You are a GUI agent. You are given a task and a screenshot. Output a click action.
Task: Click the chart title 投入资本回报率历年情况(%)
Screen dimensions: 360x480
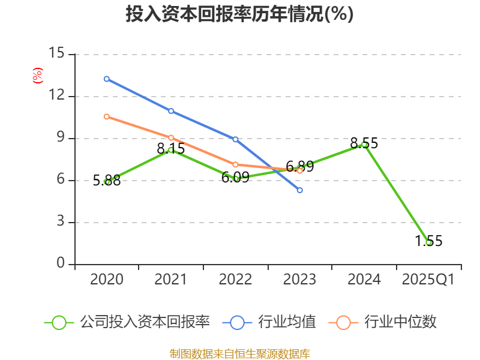[x=239, y=14]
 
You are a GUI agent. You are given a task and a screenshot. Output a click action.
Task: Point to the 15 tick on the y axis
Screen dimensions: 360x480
[x=56, y=53]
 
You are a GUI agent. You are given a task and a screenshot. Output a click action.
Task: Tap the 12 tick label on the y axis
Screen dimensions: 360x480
[x=56, y=95]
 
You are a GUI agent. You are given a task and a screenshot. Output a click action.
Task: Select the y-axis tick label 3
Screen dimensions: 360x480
[x=61, y=222]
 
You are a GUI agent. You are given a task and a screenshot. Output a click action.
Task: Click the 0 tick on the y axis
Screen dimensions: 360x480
[x=61, y=263]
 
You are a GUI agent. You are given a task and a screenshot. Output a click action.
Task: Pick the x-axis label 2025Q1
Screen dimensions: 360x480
[x=428, y=280]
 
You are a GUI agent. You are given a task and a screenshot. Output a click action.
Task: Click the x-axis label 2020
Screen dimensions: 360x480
[x=107, y=280]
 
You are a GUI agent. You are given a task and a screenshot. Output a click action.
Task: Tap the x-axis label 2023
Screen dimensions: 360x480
[x=299, y=280]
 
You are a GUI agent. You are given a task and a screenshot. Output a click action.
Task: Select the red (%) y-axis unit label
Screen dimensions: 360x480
[x=37, y=76]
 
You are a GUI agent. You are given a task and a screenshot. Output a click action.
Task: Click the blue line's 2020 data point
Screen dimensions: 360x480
[x=106, y=79]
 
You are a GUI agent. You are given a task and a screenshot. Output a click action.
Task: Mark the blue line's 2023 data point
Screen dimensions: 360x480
[x=300, y=190]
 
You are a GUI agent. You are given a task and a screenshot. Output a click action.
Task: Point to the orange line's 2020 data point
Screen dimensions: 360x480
[x=106, y=116]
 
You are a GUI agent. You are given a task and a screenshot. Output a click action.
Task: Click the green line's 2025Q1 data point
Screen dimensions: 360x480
[x=428, y=242]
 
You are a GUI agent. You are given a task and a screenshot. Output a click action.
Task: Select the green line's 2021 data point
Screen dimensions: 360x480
[x=171, y=150]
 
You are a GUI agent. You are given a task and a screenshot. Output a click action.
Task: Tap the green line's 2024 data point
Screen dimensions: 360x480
[x=364, y=144]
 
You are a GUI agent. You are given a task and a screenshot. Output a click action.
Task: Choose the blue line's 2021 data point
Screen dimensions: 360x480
[x=171, y=111]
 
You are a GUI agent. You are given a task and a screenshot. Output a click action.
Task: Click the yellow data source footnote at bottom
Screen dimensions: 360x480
[x=239, y=353]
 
